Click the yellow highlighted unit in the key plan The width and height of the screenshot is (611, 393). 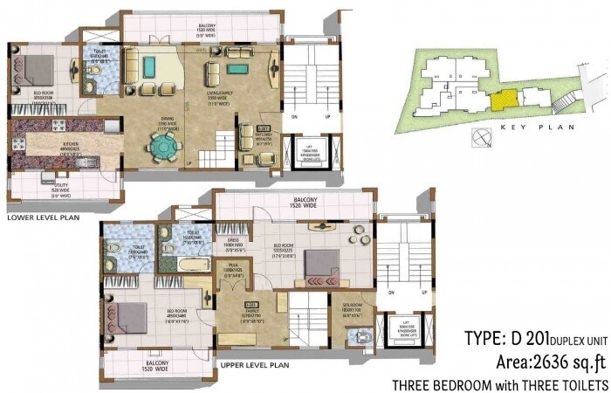coord(502,100)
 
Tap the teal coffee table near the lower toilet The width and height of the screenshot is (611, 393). coord(150,65)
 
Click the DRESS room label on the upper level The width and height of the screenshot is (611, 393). coord(232,244)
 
